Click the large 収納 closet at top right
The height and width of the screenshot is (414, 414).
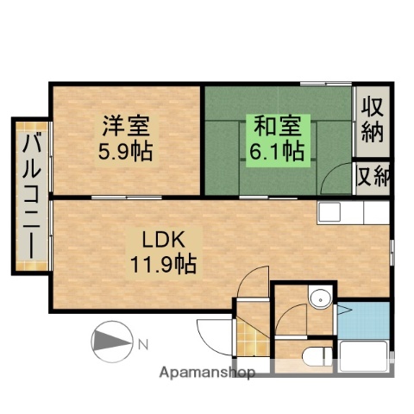[372, 121]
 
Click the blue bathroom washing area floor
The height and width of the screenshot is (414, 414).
[363, 319]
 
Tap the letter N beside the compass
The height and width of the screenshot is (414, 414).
[143, 345]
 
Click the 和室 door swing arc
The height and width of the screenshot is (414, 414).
[333, 179]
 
